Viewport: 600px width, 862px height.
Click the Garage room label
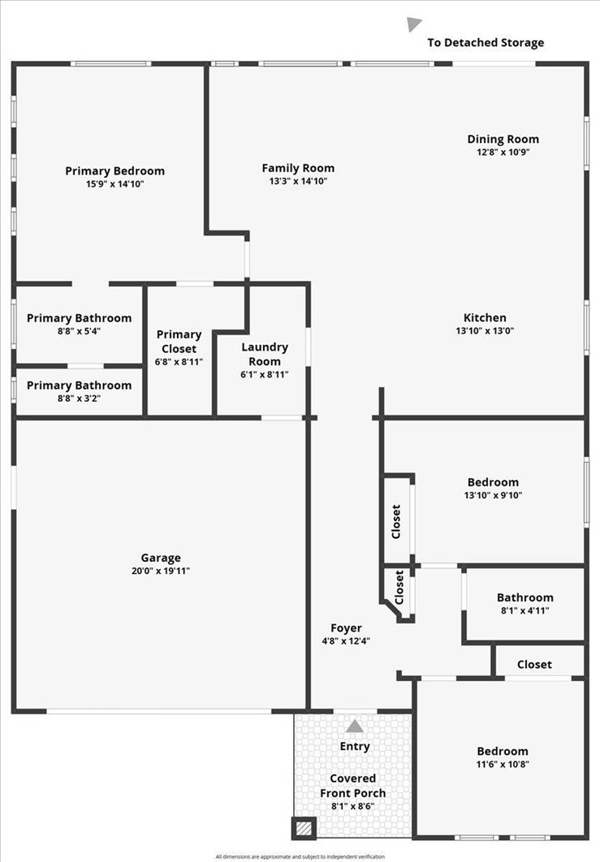click(x=161, y=558)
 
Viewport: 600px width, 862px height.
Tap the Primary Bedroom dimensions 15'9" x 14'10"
click(x=114, y=183)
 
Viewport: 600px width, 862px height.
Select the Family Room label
click(x=298, y=168)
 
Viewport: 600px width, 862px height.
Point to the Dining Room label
click(x=503, y=139)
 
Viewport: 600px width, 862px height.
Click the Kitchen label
click(x=485, y=317)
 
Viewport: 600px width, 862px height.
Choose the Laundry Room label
click(x=265, y=354)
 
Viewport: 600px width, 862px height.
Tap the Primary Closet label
click(x=179, y=342)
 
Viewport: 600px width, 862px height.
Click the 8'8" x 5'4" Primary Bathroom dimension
click(x=80, y=331)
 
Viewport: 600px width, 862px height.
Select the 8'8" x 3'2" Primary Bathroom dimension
click(x=80, y=399)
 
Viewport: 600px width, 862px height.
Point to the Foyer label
click(x=346, y=628)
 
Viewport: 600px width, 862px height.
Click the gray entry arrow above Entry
click(x=355, y=726)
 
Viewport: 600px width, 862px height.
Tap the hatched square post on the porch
click(x=304, y=828)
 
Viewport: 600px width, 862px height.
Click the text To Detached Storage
click(x=486, y=43)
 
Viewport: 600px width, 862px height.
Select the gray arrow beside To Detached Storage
click(x=413, y=24)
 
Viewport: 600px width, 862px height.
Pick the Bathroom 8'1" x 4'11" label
click(x=525, y=604)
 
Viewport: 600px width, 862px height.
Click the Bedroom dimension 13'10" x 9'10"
click(x=494, y=495)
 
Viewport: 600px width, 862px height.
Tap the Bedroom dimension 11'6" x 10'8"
click(x=503, y=764)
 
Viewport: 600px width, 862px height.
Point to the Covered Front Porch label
click(x=353, y=786)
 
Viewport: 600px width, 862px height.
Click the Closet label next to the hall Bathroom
click(x=534, y=665)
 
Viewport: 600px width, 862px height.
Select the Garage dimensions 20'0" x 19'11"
click(x=161, y=571)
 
